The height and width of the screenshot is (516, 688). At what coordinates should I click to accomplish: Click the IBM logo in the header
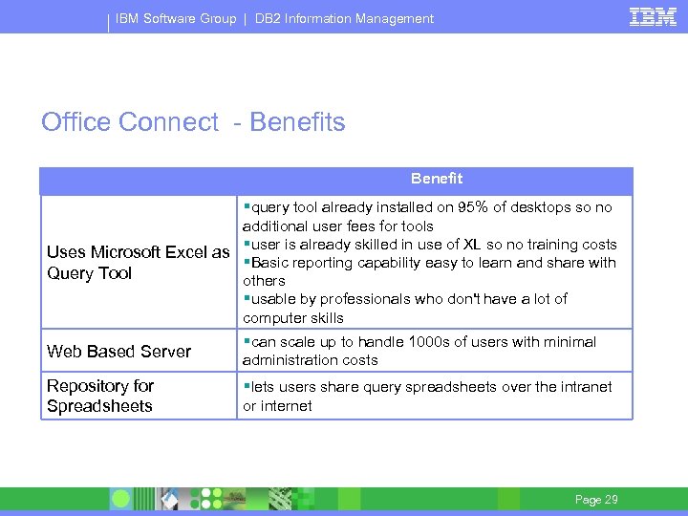point(653,16)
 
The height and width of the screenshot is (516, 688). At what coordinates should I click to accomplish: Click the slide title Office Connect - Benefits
point(193,122)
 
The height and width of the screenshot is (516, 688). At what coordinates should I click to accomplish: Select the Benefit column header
point(437,179)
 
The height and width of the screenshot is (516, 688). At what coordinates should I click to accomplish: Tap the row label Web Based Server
point(119,352)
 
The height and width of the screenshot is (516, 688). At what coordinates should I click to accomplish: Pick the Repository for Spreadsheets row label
point(100,396)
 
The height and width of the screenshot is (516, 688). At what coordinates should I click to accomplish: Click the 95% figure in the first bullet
point(475,207)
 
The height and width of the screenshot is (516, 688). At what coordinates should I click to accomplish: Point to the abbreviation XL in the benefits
point(472,245)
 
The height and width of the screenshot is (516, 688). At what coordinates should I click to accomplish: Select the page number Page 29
point(596,500)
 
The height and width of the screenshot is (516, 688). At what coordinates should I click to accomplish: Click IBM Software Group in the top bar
point(176,18)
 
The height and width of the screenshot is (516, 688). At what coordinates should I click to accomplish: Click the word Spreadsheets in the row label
point(99,406)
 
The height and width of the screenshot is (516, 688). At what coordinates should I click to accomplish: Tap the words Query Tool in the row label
point(90,273)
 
